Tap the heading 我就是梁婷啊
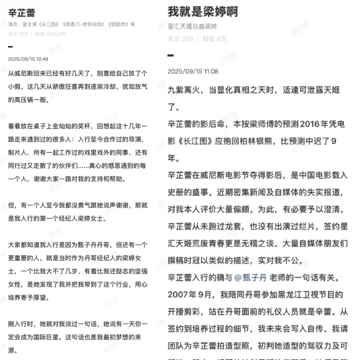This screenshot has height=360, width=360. click(x=204, y=12)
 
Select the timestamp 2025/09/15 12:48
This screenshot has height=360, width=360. click(x=28, y=59)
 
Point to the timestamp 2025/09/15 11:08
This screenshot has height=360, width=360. click(x=193, y=71)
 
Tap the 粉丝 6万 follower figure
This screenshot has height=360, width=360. click(x=215, y=39)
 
